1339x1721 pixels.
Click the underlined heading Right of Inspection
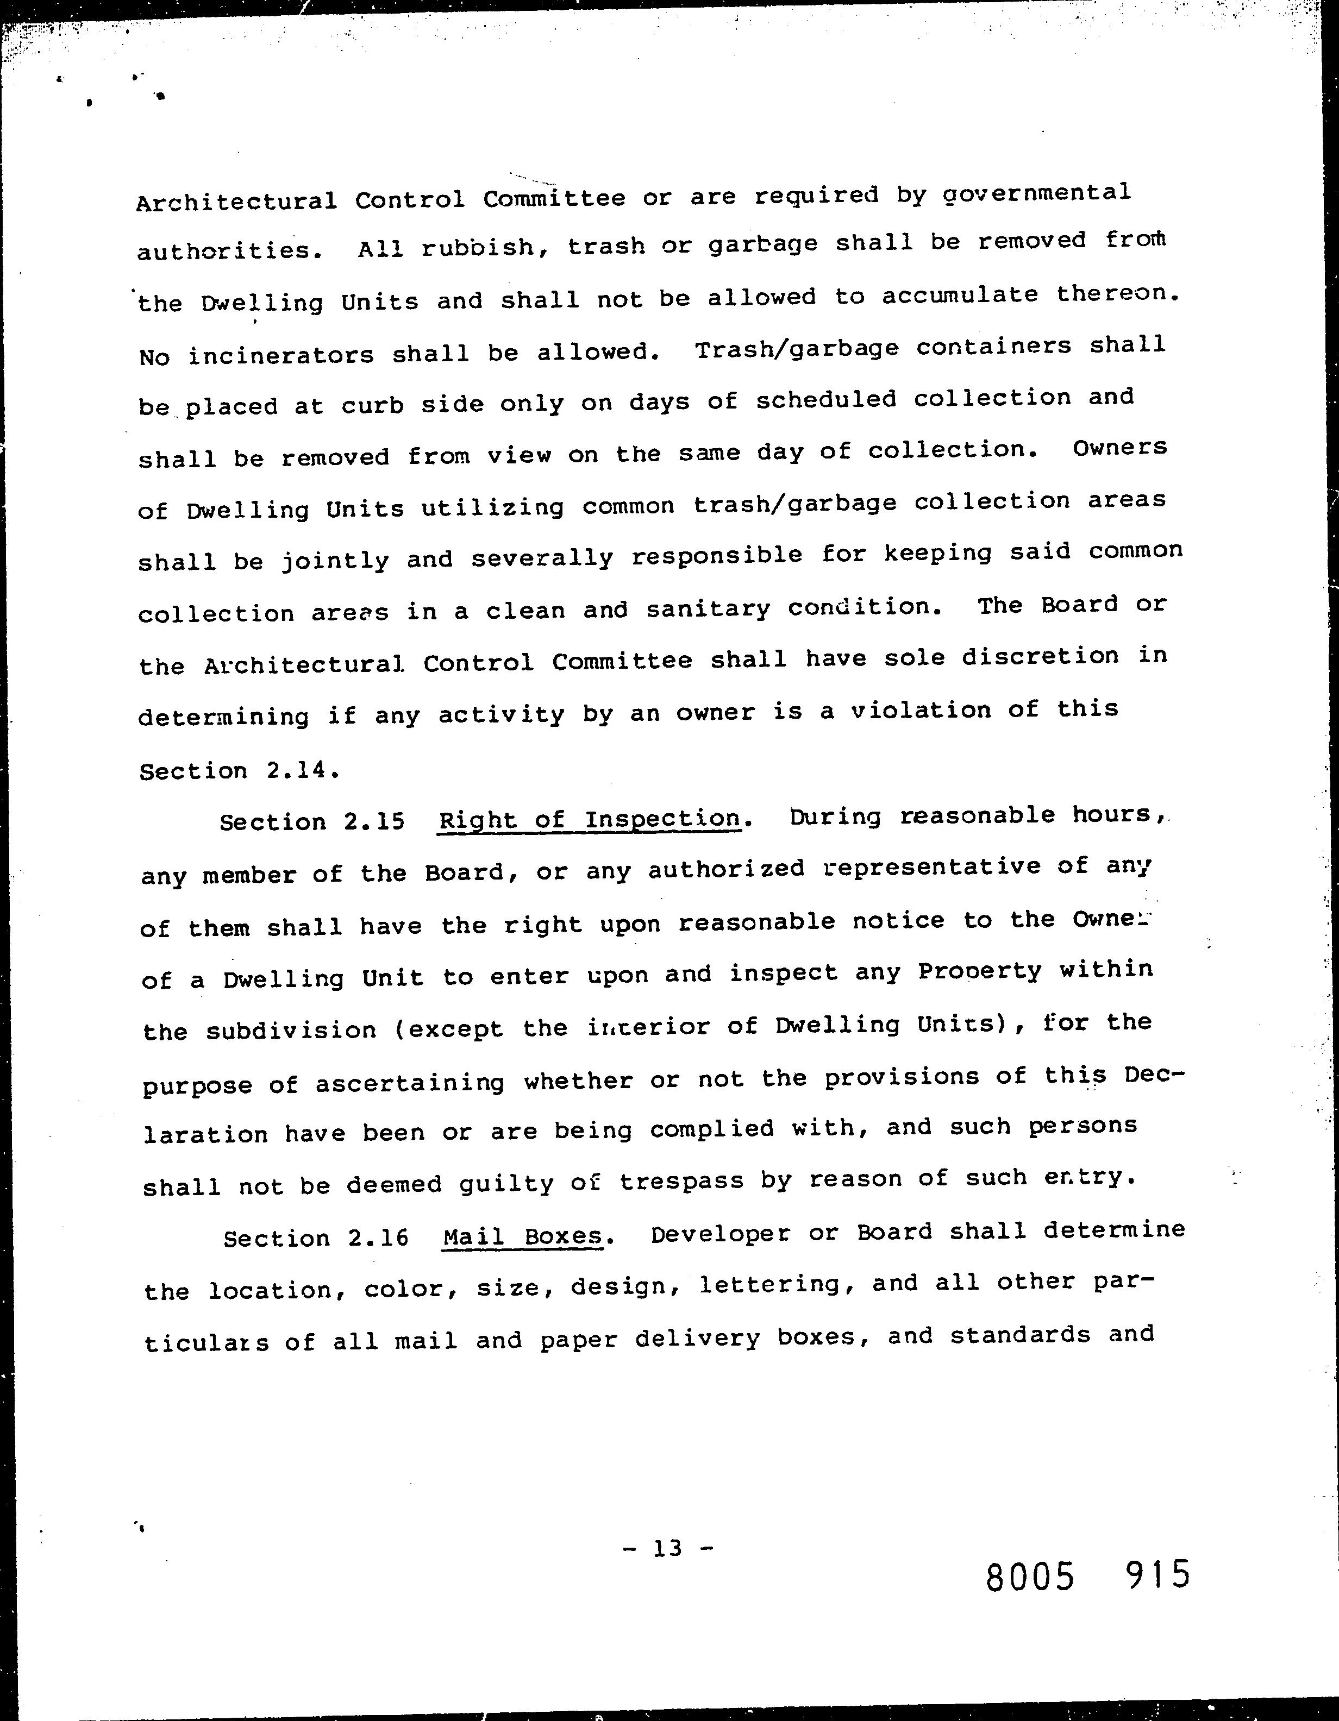pos(590,820)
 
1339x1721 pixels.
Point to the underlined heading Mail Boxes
pos(523,1235)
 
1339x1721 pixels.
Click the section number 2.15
pos(374,822)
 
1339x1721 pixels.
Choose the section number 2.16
pos(378,1238)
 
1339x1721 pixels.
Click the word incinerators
pos(280,355)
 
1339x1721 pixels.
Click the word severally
pos(542,558)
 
